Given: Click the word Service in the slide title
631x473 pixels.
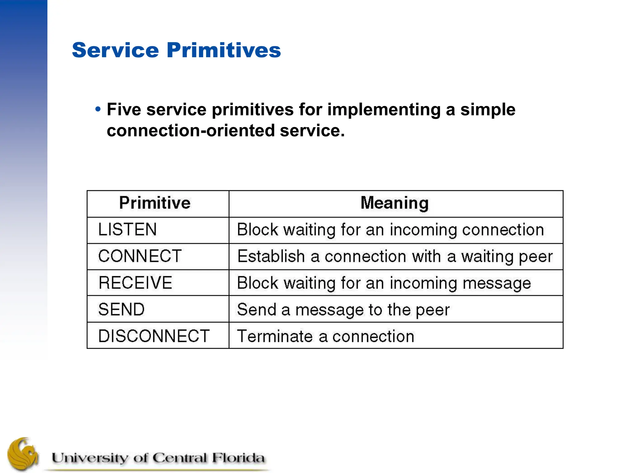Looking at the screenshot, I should (x=115, y=50).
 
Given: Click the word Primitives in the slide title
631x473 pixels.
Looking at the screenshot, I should (x=224, y=50).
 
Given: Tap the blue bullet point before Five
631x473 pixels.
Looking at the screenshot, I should (x=98, y=109).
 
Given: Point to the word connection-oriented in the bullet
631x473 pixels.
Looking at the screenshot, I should (x=190, y=131).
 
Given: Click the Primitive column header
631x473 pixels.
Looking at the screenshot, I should (x=155, y=203).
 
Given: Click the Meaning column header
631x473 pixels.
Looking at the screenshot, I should (x=394, y=203).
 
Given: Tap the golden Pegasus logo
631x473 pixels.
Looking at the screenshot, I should (x=23, y=454).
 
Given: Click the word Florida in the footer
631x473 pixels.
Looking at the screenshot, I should (x=238, y=458).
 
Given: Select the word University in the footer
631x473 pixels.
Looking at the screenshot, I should (x=89, y=458).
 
